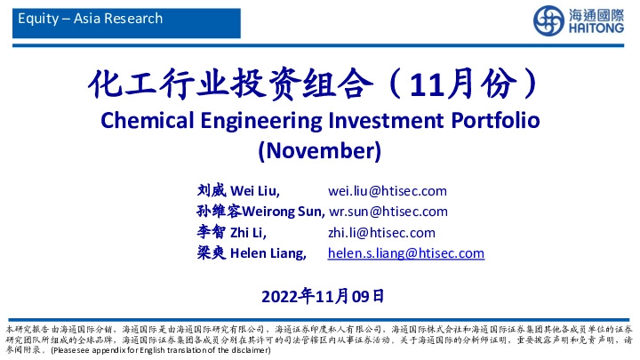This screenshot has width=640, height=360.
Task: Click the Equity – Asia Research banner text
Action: (x=91, y=19)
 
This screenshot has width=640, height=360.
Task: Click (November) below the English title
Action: (x=319, y=149)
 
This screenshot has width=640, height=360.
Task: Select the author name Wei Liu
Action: (x=255, y=191)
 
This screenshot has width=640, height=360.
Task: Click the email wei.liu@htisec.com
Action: (x=388, y=191)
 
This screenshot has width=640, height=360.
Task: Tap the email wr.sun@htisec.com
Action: (x=388, y=212)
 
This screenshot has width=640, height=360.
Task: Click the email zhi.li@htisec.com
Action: (x=382, y=233)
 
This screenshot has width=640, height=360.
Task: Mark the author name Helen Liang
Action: (x=268, y=253)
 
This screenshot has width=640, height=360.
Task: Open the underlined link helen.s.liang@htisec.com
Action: (x=406, y=253)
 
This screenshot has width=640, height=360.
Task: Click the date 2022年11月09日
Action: (x=324, y=295)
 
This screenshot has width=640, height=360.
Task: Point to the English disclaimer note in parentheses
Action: (x=160, y=350)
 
